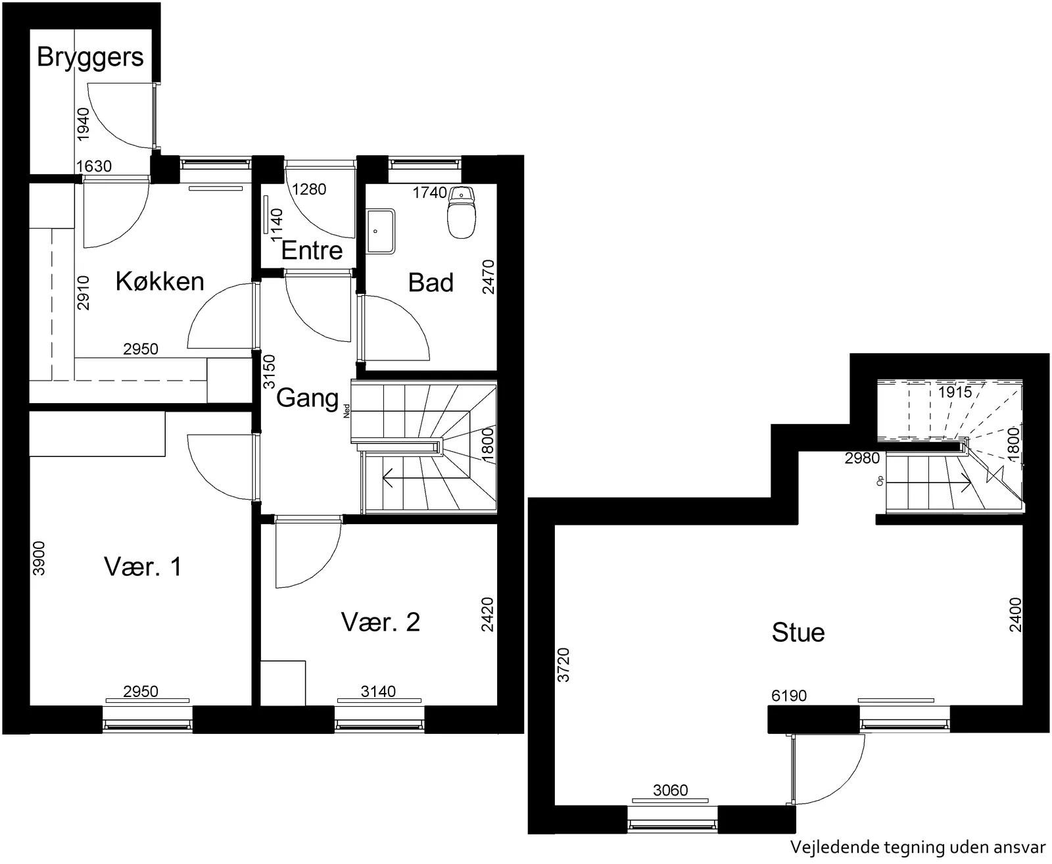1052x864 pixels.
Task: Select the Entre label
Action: (x=312, y=250)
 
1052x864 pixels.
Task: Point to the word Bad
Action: (x=431, y=282)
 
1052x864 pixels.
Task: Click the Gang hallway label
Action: (x=307, y=398)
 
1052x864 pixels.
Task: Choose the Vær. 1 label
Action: (x=143, y=567)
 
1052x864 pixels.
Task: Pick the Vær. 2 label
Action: (x=380, y=622)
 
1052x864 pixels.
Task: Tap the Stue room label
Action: (x=798, y=632)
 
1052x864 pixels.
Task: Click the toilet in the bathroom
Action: (x=462, y=213)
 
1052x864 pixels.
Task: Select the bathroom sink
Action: (x=381, y=231)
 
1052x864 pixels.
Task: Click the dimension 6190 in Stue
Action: (x=788, y=696)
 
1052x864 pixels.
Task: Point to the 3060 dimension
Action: (x=671, y=790)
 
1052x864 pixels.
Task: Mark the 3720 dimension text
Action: (x=563, y=665)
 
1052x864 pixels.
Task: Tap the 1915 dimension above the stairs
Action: (x=955, y=392)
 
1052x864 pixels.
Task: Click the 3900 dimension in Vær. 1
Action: (x=38, y=558)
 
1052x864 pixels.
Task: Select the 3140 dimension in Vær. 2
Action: (x=378, y=692)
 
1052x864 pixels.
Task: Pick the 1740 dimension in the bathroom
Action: (x=429, y=193)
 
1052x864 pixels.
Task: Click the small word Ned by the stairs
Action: (x=347, y=410)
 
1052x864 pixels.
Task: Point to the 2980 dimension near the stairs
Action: (x=862, y=458)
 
